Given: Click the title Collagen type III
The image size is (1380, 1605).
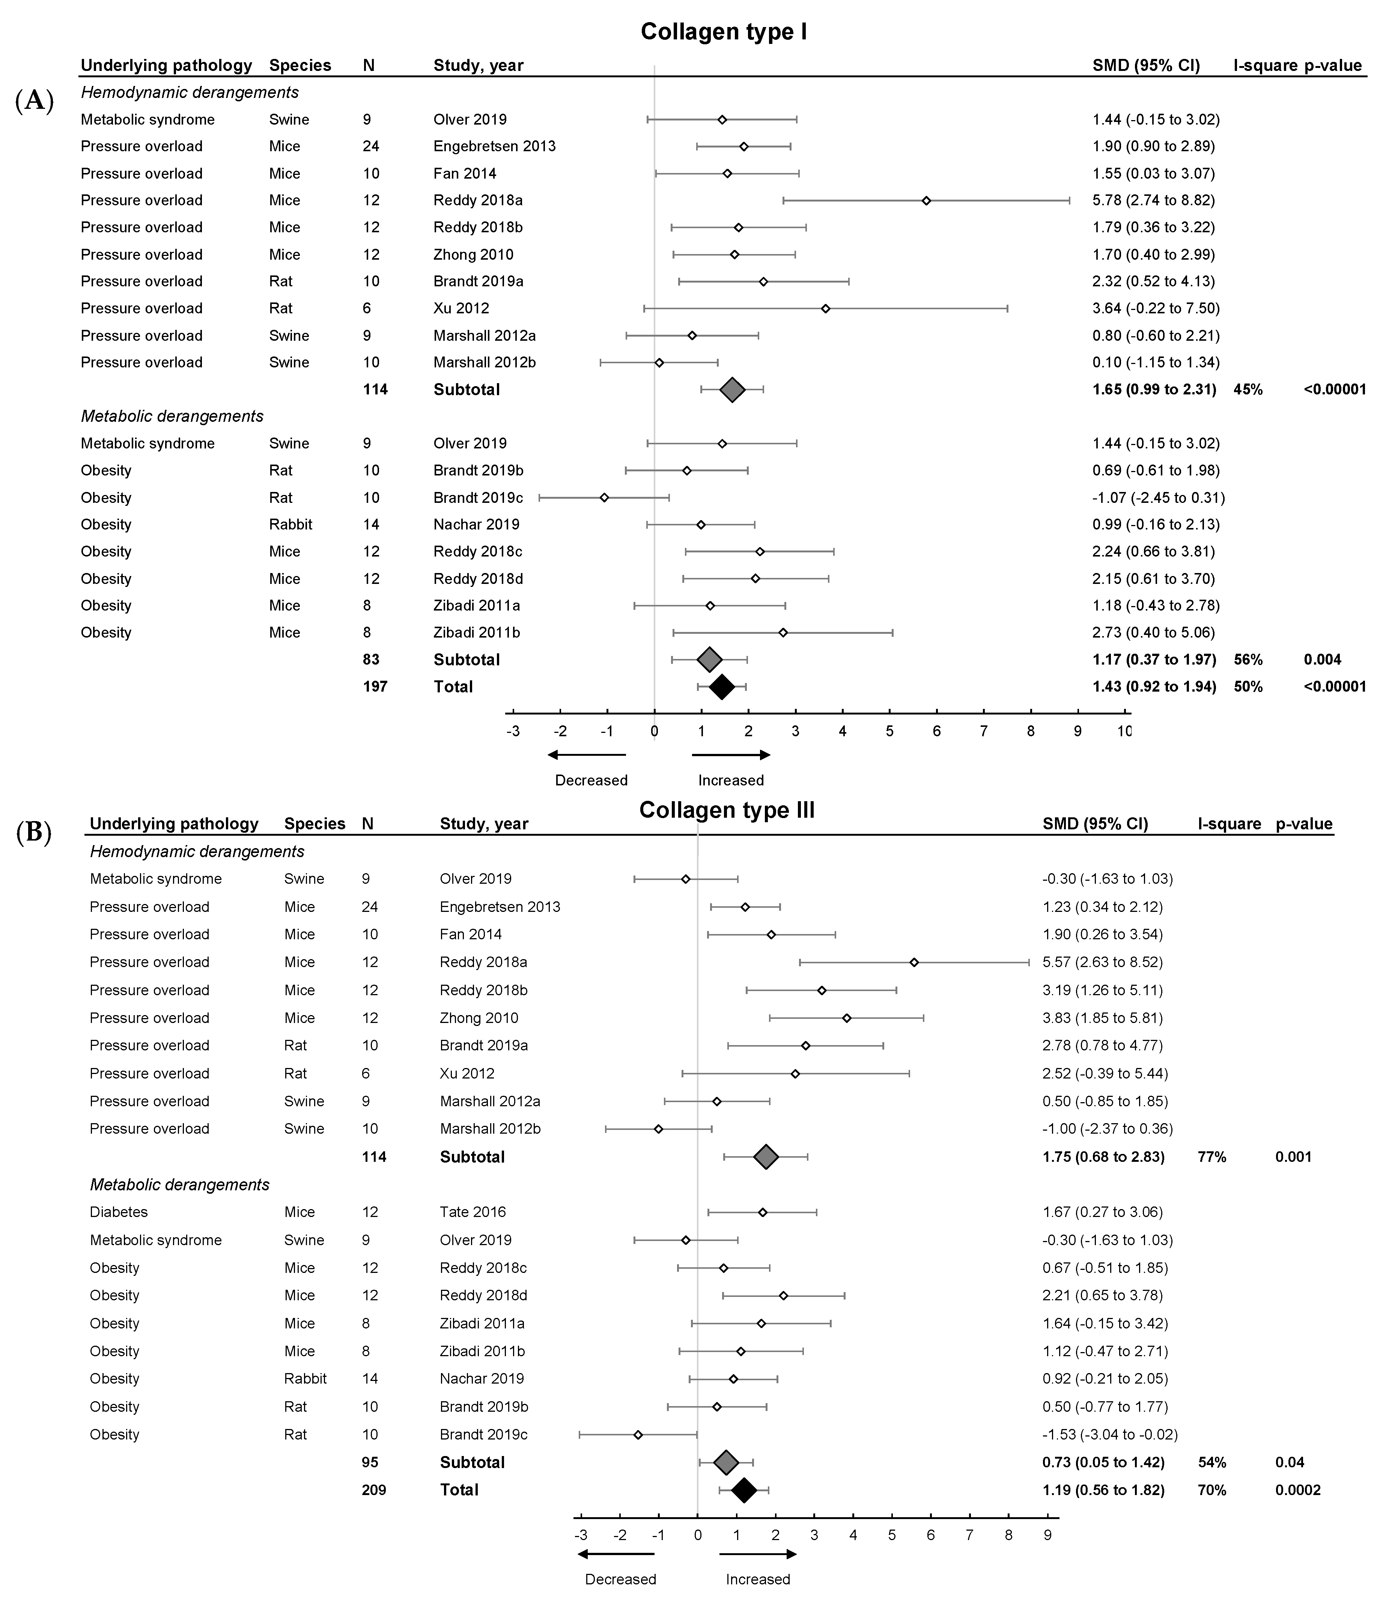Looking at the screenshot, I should point(727,810).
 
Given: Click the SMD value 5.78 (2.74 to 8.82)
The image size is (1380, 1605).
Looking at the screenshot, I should point(1153,200).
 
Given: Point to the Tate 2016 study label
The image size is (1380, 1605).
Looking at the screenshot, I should point(473,1212).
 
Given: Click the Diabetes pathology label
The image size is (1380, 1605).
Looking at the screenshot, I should point(119,1212).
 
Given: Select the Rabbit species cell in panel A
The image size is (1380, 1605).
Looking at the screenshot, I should point(290,524).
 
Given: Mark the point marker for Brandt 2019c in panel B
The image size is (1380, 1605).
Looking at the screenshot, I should point(638,1435).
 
